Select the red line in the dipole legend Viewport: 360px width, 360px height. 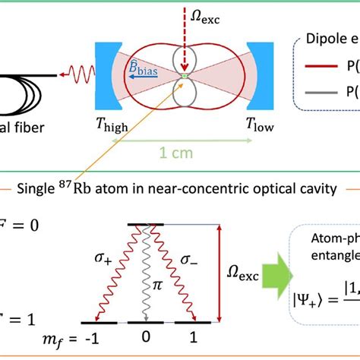click(x=320, y=65)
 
